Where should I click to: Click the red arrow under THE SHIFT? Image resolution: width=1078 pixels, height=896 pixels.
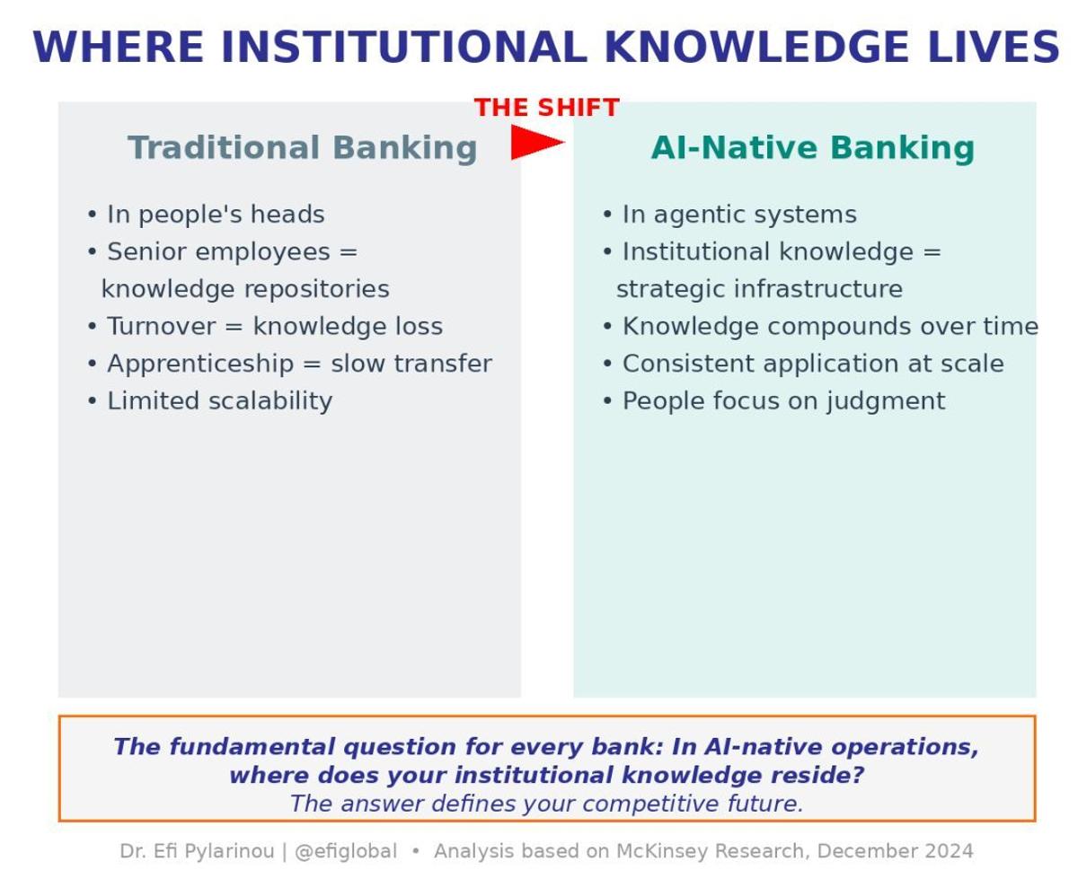[535, 142]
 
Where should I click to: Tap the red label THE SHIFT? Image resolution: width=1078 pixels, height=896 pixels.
[546, 108]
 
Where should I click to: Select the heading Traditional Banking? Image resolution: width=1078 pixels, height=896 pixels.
[302, 148]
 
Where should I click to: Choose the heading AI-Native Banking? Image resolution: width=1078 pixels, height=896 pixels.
[812, 148]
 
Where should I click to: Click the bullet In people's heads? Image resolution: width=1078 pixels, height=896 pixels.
[206, 215]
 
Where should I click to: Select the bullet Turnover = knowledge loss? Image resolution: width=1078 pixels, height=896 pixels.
[265, 327]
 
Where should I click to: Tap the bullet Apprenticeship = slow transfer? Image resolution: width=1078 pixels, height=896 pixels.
[289, 364]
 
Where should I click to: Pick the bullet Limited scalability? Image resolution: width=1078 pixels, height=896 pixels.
[209, 400]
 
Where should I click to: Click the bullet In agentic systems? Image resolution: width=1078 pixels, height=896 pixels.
[729, 215]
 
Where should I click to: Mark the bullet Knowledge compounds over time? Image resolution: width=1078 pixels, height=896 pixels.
[819, 327]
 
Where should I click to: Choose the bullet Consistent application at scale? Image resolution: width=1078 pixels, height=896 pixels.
[802, 364]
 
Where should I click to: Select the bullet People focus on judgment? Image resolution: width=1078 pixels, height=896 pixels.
[773, 400]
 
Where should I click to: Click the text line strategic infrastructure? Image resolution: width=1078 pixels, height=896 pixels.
[759, 289]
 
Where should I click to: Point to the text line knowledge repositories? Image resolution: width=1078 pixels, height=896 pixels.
[245, 289]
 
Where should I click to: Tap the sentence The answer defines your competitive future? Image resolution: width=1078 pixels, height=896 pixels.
[546, 804]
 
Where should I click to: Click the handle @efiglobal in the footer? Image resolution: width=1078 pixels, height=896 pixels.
[345, 851]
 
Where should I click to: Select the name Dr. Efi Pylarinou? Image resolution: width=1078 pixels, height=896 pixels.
[198, 851]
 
